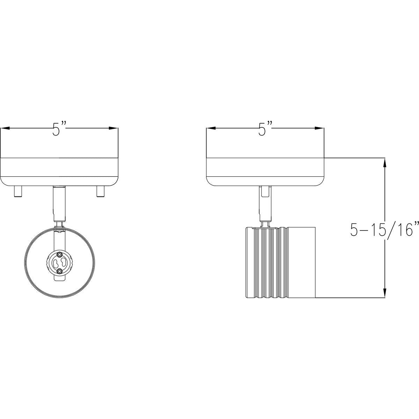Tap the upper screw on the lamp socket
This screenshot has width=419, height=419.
pos(59,254)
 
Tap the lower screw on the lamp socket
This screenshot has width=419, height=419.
pos(59,271)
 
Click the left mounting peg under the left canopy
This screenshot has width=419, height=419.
pos(18,191)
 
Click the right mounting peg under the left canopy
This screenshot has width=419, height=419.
pos(101,191)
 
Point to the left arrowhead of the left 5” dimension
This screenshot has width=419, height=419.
pos(5,128)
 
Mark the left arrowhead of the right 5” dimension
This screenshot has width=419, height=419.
pos(211,128)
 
